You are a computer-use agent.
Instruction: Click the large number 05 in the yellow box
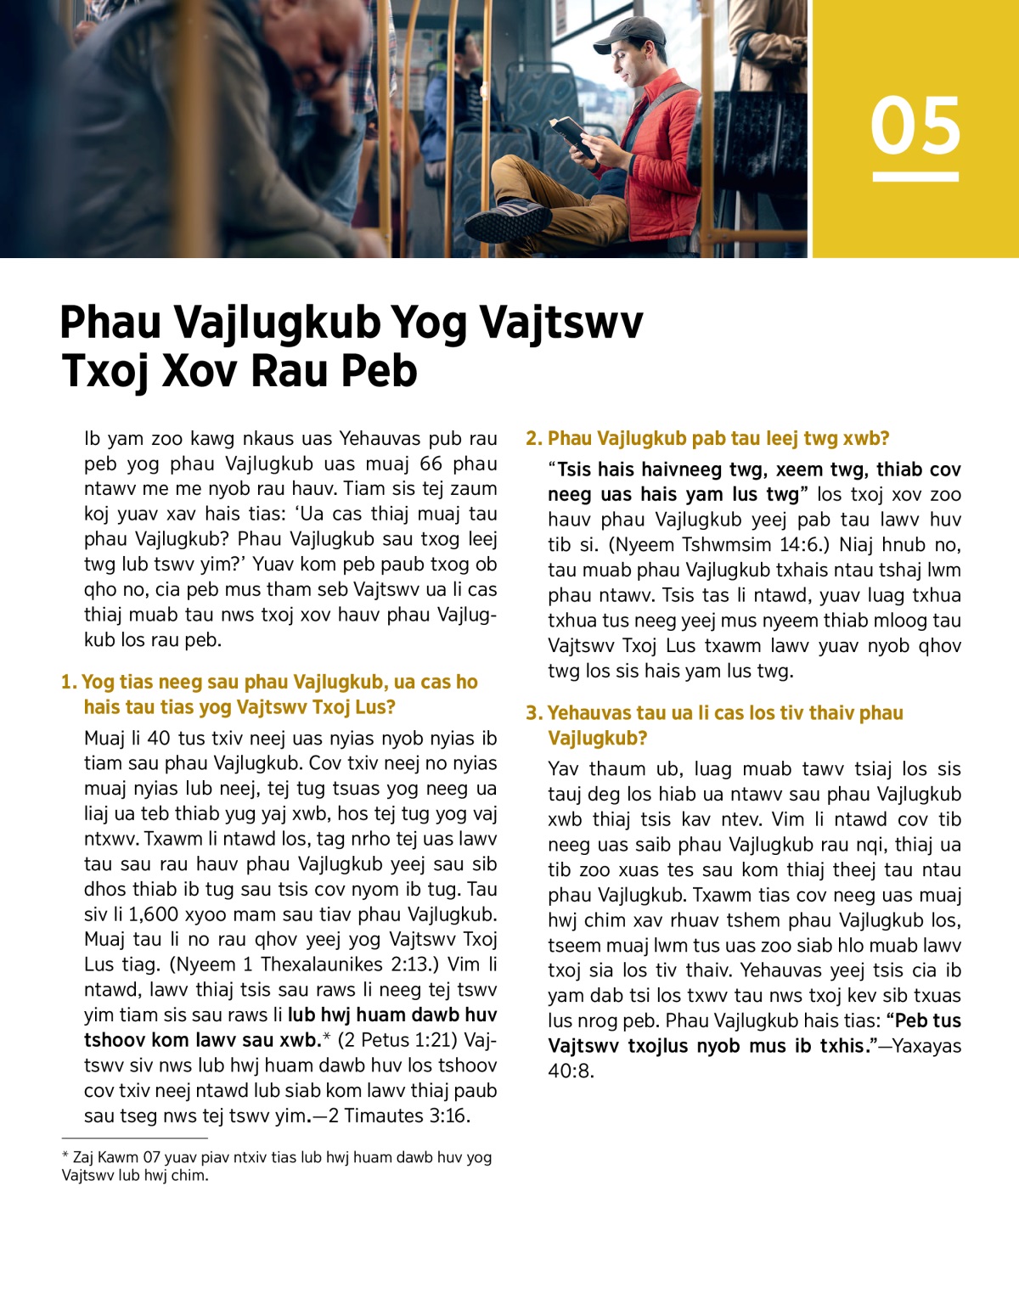pyautogui.click(x=915, y=126)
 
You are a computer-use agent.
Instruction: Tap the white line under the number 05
pyautogui.click(x=915, y=177)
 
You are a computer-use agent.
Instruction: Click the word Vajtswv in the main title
pyautogui.click(x=561, y=323)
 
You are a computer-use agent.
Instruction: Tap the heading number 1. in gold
pyautogui.click(x=69, y=683)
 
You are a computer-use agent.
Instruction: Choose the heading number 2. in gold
pyautogui.click(x=534, y=439)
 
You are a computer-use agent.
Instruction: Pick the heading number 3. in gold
pyautogui.click(x=534, y=713)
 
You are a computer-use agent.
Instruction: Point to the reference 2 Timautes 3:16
pyautogui.click(x=399, y=1116)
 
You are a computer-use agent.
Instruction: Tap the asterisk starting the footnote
pyautogui.click(x=65, y=1156)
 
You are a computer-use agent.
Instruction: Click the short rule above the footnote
pyautogui.click(x=134, y=1139)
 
